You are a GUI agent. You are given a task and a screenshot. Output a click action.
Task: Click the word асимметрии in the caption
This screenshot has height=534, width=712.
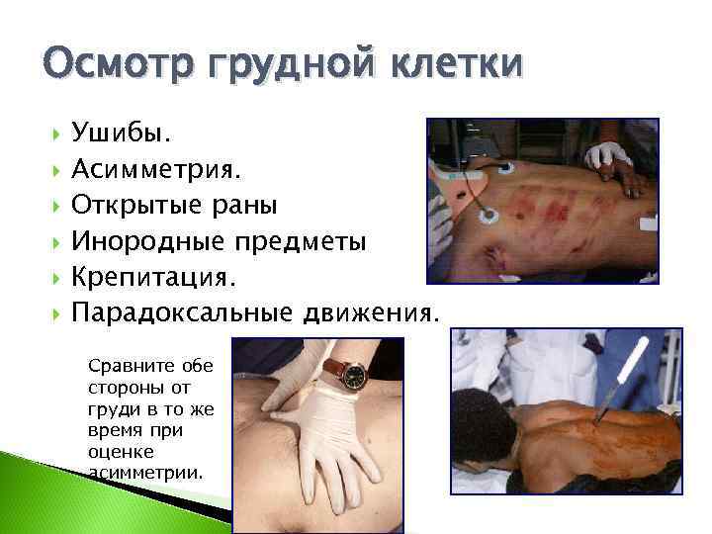point(144,472)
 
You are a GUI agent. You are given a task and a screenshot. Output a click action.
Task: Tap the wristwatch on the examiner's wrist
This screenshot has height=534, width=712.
point(351,373)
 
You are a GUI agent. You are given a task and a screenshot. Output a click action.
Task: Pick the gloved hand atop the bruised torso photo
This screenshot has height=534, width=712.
point(610,158)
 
